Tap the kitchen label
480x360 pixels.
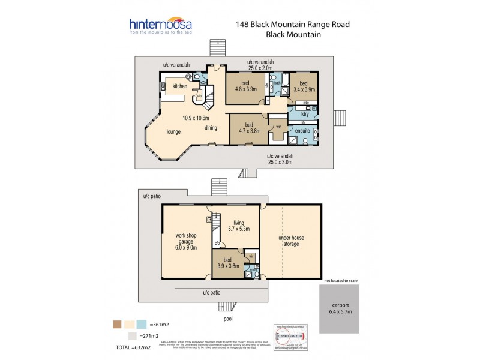(x=180, y=86)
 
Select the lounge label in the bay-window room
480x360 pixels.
(x=174, y=131)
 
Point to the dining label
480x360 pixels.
(x=211, y=127)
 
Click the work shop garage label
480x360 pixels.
(x=186, y=242)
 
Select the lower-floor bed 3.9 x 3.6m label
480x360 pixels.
(x=228, y=262)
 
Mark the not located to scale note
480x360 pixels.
(x=345, y=280)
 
